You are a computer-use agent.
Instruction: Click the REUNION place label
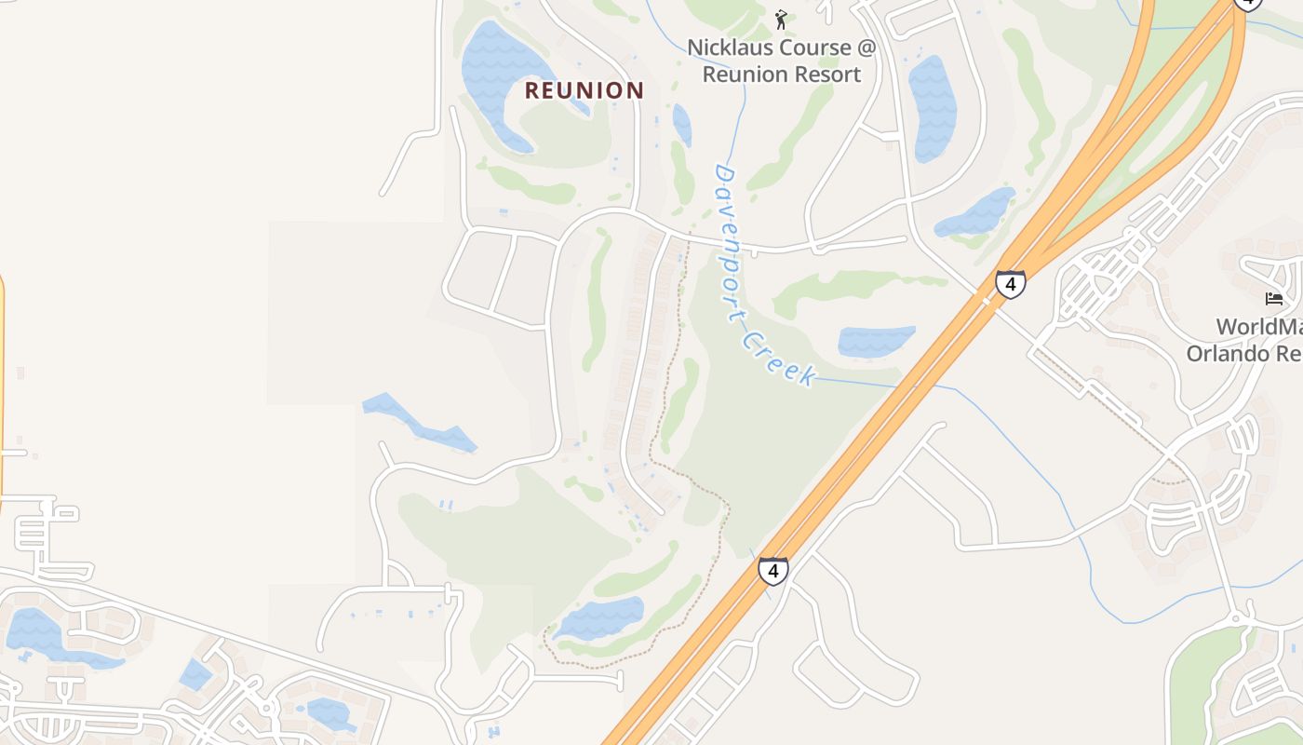[x=584, y=90]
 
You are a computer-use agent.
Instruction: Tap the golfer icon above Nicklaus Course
[x=781, y=19]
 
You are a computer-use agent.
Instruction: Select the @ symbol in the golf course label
[x=865, y=47]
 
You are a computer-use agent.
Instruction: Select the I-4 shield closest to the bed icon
[x=1010, y=284]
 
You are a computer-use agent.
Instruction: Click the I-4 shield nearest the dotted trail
[x=772, y=571]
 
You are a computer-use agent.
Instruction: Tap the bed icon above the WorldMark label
[x=1274, y=299]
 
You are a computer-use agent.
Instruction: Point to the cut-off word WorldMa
[x=1258, y=327]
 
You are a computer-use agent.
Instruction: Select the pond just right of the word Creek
[x=875, y=341]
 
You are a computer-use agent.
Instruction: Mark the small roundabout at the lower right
[x=1237, y=618]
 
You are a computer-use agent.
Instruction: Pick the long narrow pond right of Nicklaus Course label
[x=932, y=107]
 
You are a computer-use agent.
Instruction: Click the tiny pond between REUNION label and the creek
[x=682, y=125]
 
